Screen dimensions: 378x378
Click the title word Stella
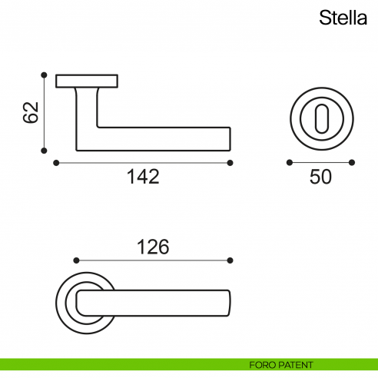(x=344, y=18)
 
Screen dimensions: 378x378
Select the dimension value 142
(x=143, y=177)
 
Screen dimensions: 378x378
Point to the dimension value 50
(x=320, y=177)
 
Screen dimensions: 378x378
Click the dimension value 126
(x=153, y=247)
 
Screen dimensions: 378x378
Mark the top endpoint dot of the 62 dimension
(x=45, y=75)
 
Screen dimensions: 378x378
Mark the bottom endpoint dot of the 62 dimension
(x=45, y=150)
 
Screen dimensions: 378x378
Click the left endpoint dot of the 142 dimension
(x=56, y=162)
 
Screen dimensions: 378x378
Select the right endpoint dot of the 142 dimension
(x=230, y=162)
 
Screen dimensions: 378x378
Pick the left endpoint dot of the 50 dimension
(x=289, y=162)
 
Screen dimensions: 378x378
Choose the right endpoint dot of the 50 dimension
(x=352, y=162)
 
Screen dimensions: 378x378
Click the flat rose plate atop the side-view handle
(x=87, y=79)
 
